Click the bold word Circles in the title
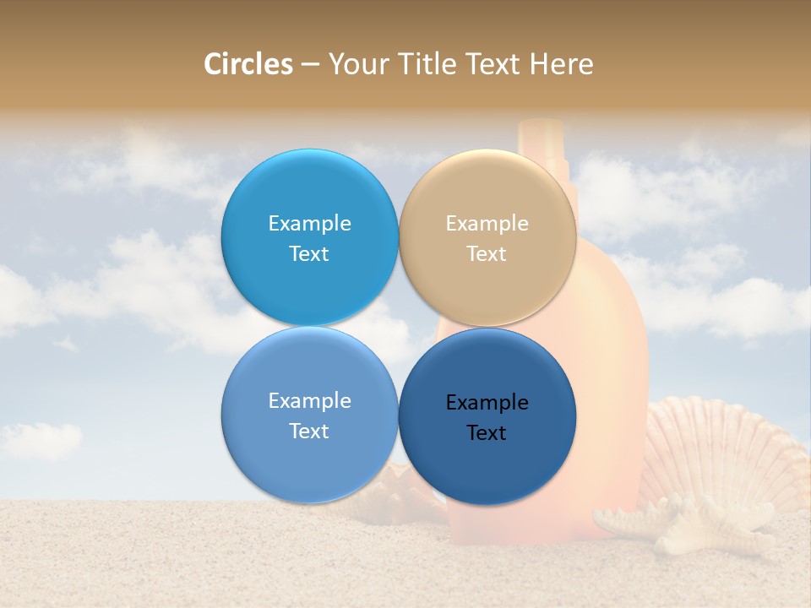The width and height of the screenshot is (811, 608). click(x=248, y=64)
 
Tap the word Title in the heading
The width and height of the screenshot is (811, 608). click(x=428, y=64)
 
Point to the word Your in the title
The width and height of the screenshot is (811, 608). click(x=358, y=64)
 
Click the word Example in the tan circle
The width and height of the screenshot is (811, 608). click(x=487, y=224)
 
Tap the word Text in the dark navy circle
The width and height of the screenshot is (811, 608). click(x=487, y=433)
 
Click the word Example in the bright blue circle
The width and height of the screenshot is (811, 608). click(x=309, y=224)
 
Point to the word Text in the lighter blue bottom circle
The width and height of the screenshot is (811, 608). click(x=309, y=432)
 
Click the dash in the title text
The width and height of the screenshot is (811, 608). click(x=310, y=65)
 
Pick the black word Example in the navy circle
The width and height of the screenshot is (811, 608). click(x=487, y=403)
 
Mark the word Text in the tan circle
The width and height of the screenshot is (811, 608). click(x=487, y=254)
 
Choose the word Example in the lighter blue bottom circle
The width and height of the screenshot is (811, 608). click(x=309, y=401)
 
